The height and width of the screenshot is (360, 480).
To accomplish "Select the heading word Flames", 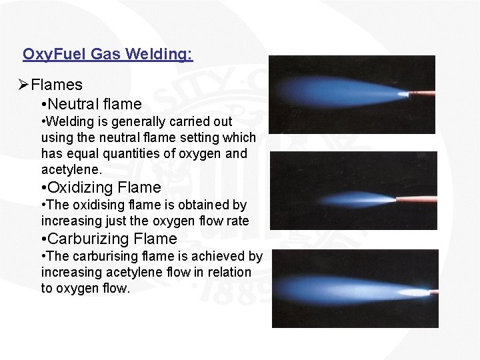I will pyautogui.click(x=57, y=85).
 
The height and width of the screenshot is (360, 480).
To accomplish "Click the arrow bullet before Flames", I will pyautogui.click(x=23, y=85).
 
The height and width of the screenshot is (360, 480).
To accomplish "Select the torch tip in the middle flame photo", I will pyautogui.click(x=417, y=198).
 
